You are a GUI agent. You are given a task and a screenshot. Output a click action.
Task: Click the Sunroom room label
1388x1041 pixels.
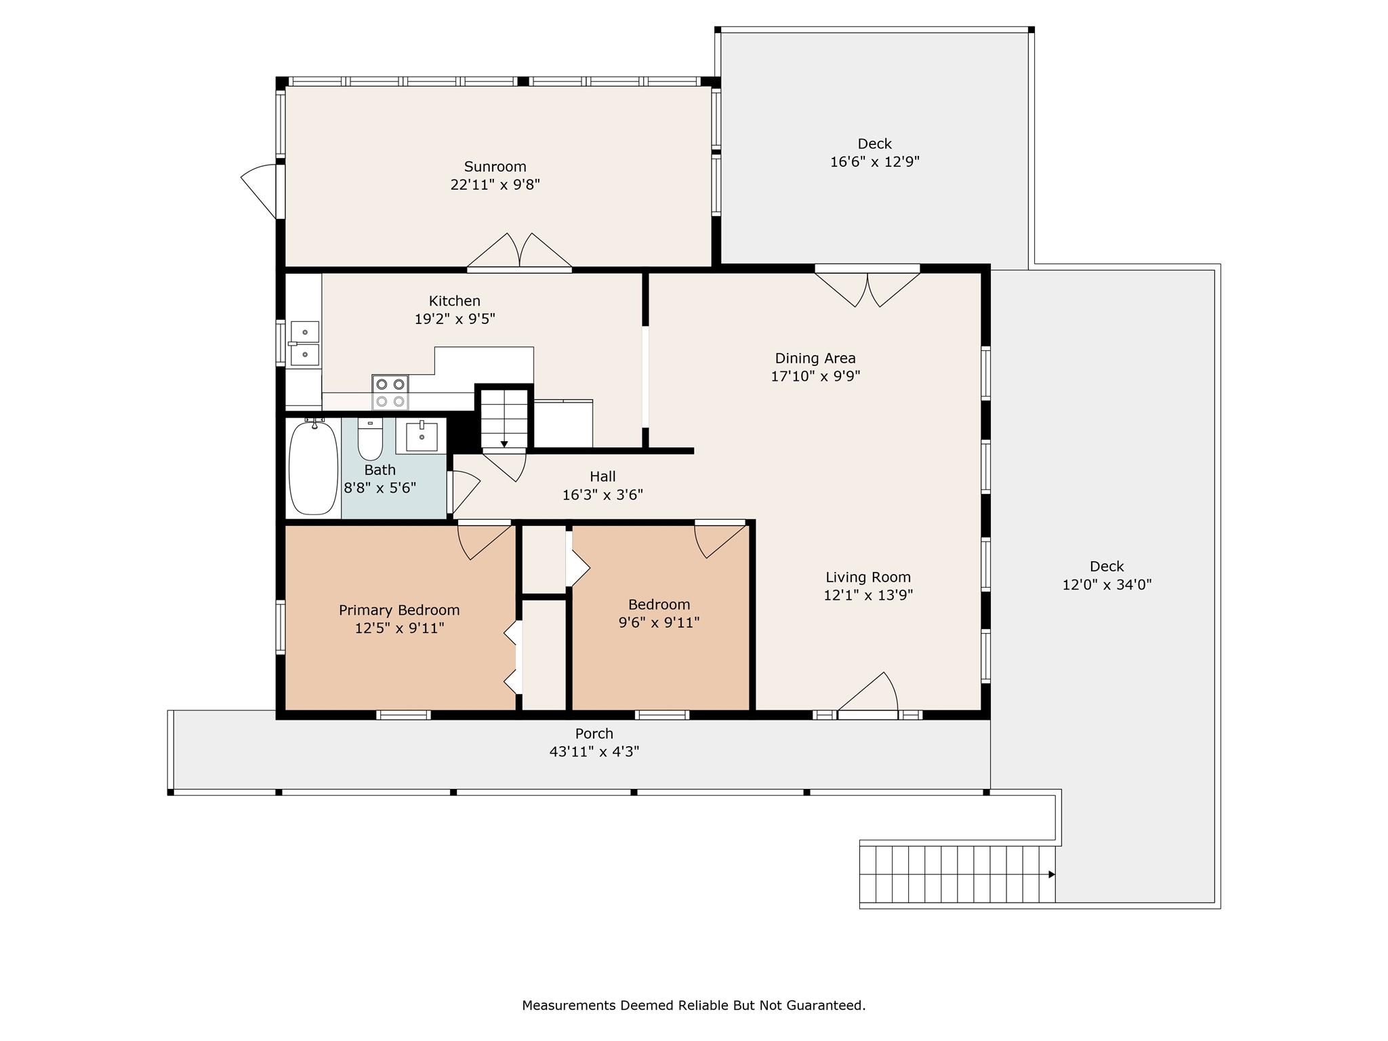[495, 167]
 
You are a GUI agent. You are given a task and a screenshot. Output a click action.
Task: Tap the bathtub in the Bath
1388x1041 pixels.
[313, 467]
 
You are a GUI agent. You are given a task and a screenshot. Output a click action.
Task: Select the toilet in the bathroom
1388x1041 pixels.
[370, 439]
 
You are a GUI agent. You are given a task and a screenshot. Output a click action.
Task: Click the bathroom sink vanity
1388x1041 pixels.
[421, 436]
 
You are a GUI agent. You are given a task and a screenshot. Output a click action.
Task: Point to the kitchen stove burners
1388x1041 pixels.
[390, 392]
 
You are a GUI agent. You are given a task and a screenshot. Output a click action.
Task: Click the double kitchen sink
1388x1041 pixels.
[304, 344]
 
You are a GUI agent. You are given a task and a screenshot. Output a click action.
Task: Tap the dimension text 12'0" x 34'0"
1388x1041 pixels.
[1107, 585]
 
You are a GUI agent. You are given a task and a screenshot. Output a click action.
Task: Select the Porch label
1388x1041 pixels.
[594, 733]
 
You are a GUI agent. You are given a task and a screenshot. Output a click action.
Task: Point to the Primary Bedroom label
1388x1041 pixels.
[399, 610]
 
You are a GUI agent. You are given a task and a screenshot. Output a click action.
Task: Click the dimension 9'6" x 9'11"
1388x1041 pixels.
[659, 622]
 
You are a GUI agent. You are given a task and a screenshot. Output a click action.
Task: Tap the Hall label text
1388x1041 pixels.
[603, 476]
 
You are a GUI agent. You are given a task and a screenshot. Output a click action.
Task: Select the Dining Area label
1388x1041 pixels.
[815, 358]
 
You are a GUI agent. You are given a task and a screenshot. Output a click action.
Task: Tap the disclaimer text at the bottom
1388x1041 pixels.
[693, 1005]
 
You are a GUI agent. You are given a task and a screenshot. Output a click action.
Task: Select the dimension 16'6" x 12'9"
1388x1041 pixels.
[874, 162]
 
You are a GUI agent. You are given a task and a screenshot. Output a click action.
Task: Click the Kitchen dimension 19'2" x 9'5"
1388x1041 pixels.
[455, 319]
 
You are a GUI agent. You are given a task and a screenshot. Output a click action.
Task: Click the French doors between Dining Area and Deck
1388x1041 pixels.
[867, 287]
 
